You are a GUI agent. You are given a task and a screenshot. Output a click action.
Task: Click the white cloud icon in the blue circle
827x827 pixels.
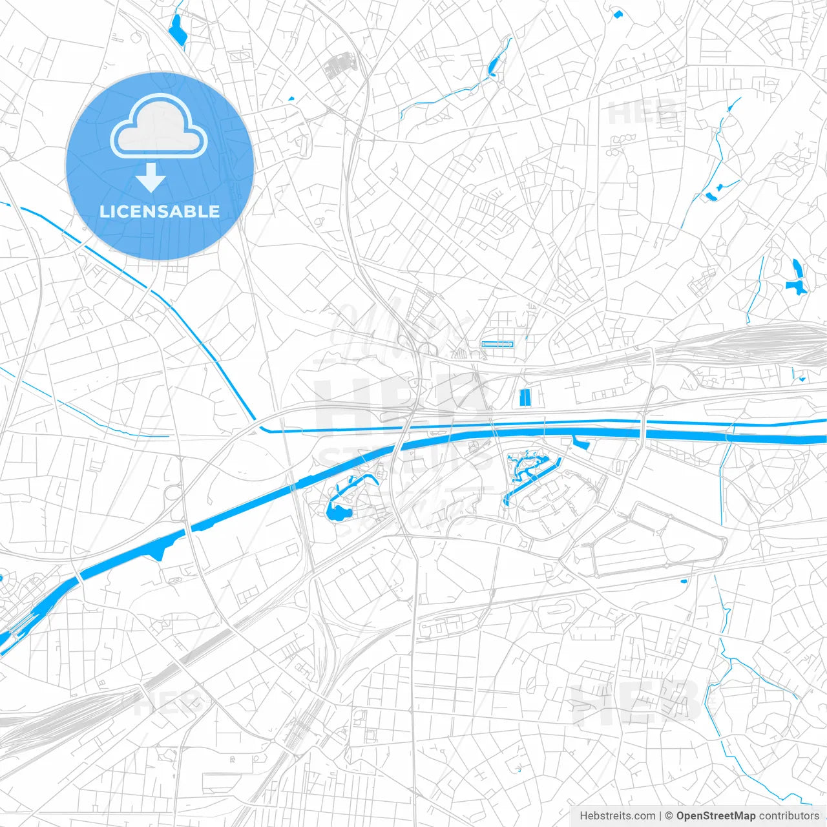pos(159,127)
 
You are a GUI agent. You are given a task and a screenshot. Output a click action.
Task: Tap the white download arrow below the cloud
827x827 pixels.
pos(151,177)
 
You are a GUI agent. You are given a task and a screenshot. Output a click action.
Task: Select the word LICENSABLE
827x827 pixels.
pos(159,211)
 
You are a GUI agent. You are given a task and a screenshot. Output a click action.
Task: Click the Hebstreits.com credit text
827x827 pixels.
pos(617,816)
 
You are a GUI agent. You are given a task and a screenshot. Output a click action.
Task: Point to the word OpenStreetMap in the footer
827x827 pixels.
pos(715,816)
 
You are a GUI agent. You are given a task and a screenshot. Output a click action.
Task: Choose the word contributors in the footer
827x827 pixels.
pos(789,816)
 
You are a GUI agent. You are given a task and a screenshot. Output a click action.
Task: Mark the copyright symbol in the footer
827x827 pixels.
pos(669,816)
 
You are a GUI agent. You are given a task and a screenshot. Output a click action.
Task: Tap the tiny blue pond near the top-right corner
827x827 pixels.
pos(617,14)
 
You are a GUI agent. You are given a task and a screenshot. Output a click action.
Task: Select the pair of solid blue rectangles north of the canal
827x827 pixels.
pos(525,397)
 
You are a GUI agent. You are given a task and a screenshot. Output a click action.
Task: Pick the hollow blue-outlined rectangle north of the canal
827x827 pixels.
pos(497,344)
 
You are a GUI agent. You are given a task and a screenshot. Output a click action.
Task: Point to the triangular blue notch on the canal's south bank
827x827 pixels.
pos(159,551)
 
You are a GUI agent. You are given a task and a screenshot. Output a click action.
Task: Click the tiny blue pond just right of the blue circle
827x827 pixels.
pos(291,99)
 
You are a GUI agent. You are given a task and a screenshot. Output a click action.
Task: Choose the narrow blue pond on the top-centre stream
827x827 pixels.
pos(494,65)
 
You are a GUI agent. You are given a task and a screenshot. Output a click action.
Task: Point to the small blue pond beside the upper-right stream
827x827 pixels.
pos(711,195)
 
